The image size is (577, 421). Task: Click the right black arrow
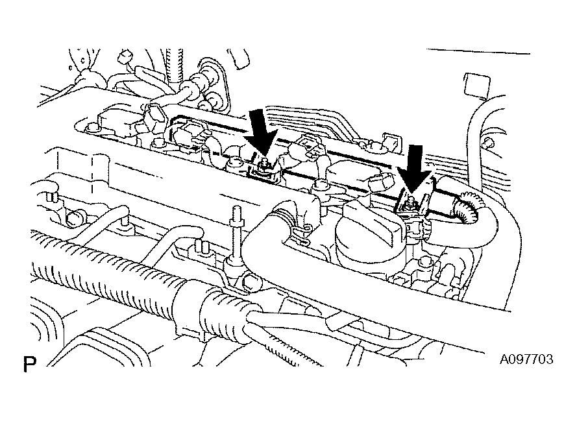coord(415,169)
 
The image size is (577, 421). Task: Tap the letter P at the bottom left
coord(30,364)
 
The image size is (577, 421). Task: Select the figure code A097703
coord(526,359)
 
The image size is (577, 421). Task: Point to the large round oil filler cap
coord(370,232)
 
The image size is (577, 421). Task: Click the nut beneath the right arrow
coord(410,204)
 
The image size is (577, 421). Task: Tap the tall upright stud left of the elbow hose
coord(236,235)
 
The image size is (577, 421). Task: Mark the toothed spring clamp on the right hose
coord(467,207)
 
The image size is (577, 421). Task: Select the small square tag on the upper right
coord(477,86)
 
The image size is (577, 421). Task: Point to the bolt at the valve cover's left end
coord(91,128)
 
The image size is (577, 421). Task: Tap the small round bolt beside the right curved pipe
coord(488,142)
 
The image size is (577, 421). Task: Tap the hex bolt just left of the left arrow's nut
coord(235,162)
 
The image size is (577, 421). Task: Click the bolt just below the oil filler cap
coord(426,263)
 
